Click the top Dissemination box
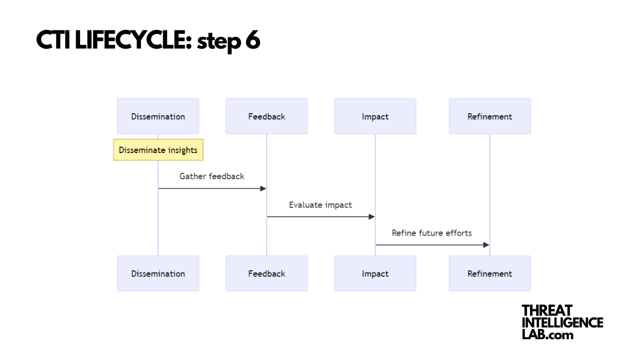pyautogui.click(x=158, y=116)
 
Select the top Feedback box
pyautogui.click(x=267, y=116)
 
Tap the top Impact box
pyautogui.click(x=375, y=116)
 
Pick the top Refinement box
pyautogui.click(x=490, y=116)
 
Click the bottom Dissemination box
pyautogui.click(x=158, y=274)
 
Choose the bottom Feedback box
pyautogui.click(x=267, y=274)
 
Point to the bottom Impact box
pyautogui.click(x=375, y=274)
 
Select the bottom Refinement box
pyautogui.click(x=490, y=274)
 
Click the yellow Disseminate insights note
pyautogui.click(x=158, y=150)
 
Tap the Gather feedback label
pyautogui.click(x=212, y=176)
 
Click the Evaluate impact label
pyautogui.click(x=321, y=205)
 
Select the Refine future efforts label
pyautogui.click(x=431, y=233)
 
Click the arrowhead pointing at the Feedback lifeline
pyautogui.click(x=263, y=188)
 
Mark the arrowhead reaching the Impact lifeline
pyautogui.click(x=372, y=217)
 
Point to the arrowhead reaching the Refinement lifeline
pyautogui.click(x=486, y=245)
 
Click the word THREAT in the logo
pyautogui.click(x=547, y=311)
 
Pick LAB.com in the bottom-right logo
pyautogui.click(x=547, y=335)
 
